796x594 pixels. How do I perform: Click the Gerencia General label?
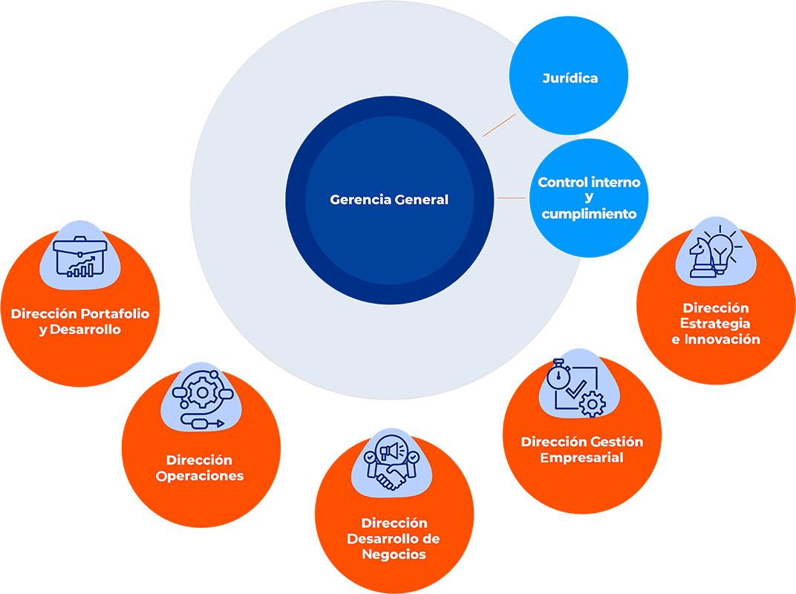pyautogui.click(x=389, y=200)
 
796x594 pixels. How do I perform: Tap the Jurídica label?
pyautogui.click(x=570, y=78)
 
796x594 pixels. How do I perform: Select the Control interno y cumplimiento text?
pyautogui.click(x=589, y=198)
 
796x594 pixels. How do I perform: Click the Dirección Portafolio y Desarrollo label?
pyautogui.click(x=80, y=322)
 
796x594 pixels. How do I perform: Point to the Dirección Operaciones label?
pyautogui.click(x=200, y=469)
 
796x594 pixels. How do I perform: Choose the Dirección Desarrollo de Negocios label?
pyautogui.click(x=394, y=539)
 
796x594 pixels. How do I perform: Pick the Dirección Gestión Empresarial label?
pyautogui.click(x=582, y=449)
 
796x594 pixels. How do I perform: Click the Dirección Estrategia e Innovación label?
pyautogui.click(x=716, y=324)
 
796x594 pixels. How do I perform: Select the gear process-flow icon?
pyautogui.click(x=199, y=399)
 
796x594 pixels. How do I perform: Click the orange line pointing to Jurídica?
pyautogui.click(x=499, y=125)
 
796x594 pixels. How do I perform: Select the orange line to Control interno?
pyautogui.click(x=512, y=198)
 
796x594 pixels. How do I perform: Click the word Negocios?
pyautogui.click(x=394, y=555)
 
